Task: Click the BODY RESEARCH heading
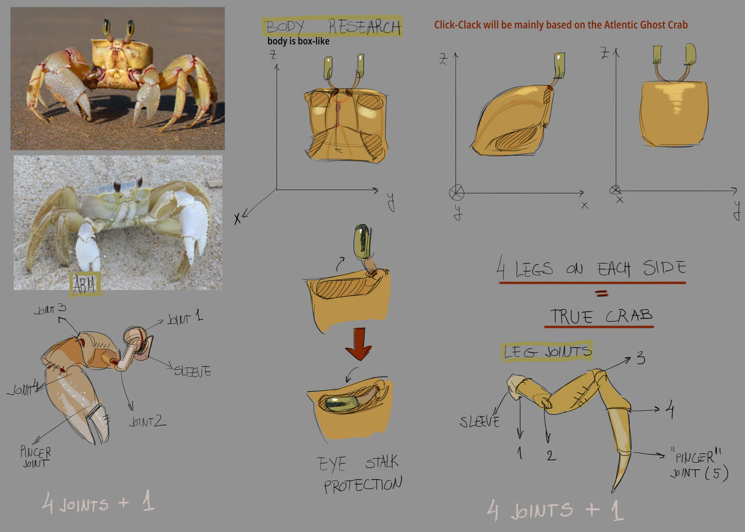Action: pyautogui.click(x=333, y=26)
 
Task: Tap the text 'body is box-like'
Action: pyautogui.click(x=299, y=41)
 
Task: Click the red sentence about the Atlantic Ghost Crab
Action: pyautogui.click(x=561, y=25)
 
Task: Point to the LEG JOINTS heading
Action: pyautogui.click(x=547, y=352)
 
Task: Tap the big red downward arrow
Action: pyautogui.click(x=359, y=343)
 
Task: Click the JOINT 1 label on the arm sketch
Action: pyautogui.click(x=185, y=317)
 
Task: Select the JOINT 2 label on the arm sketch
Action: pyautogui.click(x=147, y=422)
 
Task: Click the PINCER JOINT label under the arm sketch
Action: pyautogui.click(x=35, y=457)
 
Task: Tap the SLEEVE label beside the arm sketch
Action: pyautogui.click(x=192, y=371)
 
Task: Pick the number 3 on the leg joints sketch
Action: pyautogui.click(x=641, y=358)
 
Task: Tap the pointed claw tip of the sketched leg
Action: pyautogui.click(x=613, y=491)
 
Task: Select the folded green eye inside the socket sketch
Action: pyautogui.click(x=341, y=403)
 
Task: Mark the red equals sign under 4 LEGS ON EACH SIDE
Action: pyautogui.click(x=601, y=293)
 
